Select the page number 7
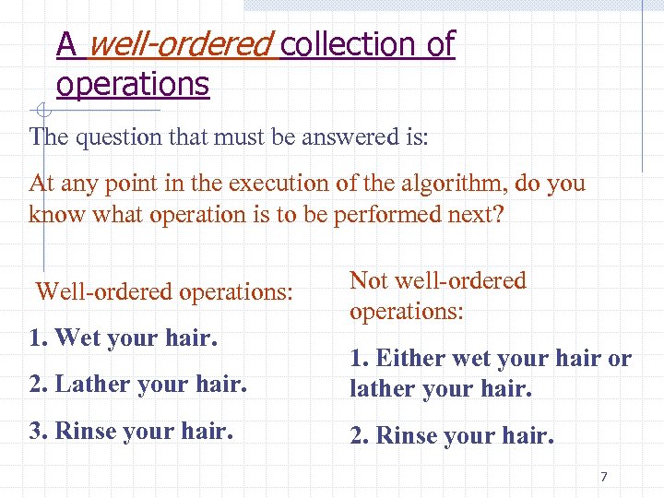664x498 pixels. click(x=604, y=477)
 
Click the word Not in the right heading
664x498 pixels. click(x=368, y=280)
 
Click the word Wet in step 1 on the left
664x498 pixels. click(x=78, y=338)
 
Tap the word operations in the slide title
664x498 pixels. click(x=133, y=85)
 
